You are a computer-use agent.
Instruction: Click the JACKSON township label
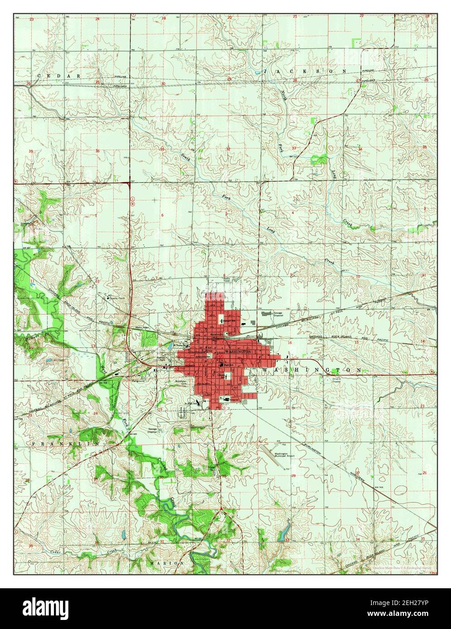[305, 71]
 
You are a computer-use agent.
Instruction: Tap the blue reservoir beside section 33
[284, 528]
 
